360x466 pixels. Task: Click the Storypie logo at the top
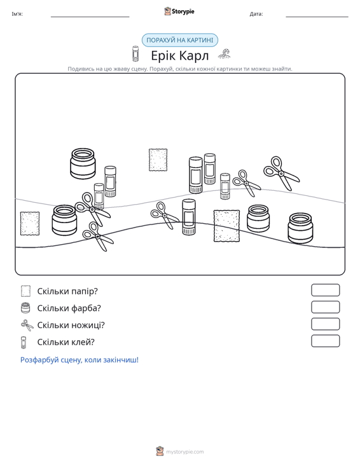(179, 11)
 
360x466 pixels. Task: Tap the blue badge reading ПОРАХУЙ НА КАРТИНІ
(180, 40)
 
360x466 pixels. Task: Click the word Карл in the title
(194, 55)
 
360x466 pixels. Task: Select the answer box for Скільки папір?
(325, 290)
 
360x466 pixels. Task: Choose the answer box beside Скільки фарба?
(325, 307)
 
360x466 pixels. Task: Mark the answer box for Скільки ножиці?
(325, 324)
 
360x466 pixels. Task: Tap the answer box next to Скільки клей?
(325, 341)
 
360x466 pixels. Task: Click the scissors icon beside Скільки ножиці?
(27, 325)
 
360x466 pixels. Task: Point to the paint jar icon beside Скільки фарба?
(25, 308)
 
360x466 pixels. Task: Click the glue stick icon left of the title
(135, 54)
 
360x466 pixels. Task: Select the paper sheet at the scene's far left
(30, 224)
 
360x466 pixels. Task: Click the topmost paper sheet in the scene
(158, 160)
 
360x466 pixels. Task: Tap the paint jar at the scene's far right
(300, 228)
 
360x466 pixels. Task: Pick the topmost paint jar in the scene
(83, 164)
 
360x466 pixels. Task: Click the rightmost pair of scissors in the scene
(281, 174)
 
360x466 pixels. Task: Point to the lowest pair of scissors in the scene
(97, 236)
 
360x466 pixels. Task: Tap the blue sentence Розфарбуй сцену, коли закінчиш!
(80, 360)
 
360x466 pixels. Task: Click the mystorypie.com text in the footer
(185, 452)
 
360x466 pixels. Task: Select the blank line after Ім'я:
(90, 17)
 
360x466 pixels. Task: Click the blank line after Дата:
(317, 17)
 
